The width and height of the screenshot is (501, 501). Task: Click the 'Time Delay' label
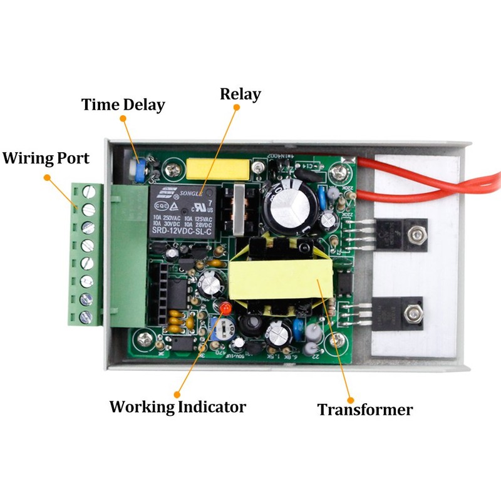123,104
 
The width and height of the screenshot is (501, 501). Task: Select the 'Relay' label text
240,95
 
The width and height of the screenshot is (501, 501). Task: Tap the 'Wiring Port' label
46,157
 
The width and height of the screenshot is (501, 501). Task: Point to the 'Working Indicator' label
177,406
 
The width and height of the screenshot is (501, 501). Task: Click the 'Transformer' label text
364,410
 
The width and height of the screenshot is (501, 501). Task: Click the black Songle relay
182,211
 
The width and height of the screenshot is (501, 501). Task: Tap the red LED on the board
223,308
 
